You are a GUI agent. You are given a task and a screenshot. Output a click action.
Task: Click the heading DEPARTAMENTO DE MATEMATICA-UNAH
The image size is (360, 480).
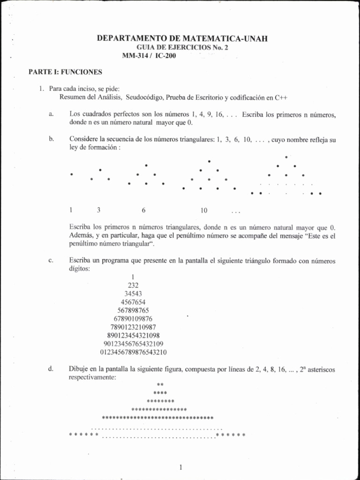(x=182, y=39)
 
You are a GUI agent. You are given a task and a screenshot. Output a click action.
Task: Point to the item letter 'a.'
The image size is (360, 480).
(x=51, y=114)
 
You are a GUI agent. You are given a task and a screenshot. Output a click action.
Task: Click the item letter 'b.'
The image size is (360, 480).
(x=51, y=139)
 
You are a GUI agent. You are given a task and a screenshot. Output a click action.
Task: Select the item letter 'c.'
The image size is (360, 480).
(x=51, y=260)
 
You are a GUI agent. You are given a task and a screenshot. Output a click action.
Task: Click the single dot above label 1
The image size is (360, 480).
(x=71, y=174)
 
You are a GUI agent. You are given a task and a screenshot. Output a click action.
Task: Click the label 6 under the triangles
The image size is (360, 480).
(x=143, y=210)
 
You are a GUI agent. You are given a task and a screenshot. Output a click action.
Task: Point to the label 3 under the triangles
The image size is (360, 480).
(x=98, y=210)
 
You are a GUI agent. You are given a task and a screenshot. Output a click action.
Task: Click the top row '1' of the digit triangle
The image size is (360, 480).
(x=134, y=277)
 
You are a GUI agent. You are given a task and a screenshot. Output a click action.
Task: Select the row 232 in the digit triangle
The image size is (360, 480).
(x=133, y=285)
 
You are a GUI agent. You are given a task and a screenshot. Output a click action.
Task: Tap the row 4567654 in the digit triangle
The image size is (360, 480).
(x=133, y=302)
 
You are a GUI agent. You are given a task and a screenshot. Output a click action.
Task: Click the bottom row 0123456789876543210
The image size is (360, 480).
(x=134, y=352)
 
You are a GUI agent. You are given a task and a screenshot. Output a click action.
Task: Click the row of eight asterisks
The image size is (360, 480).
(x=160, y=401)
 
